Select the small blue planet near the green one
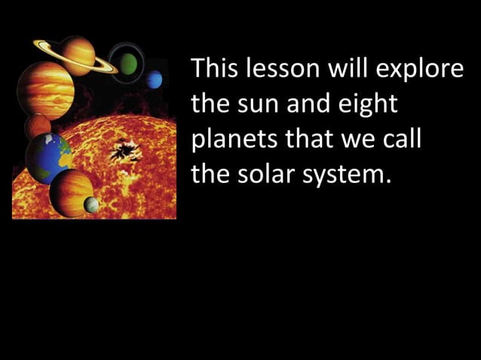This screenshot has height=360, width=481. coord(155,79)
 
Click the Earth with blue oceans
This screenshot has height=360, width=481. coord(49,157)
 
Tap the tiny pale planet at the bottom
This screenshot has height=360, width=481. coord(91,203)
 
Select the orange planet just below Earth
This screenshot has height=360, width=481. coord(71,191)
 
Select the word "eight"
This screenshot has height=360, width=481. coord(369,105)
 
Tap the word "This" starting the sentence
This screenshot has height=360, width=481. coord(214,70)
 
